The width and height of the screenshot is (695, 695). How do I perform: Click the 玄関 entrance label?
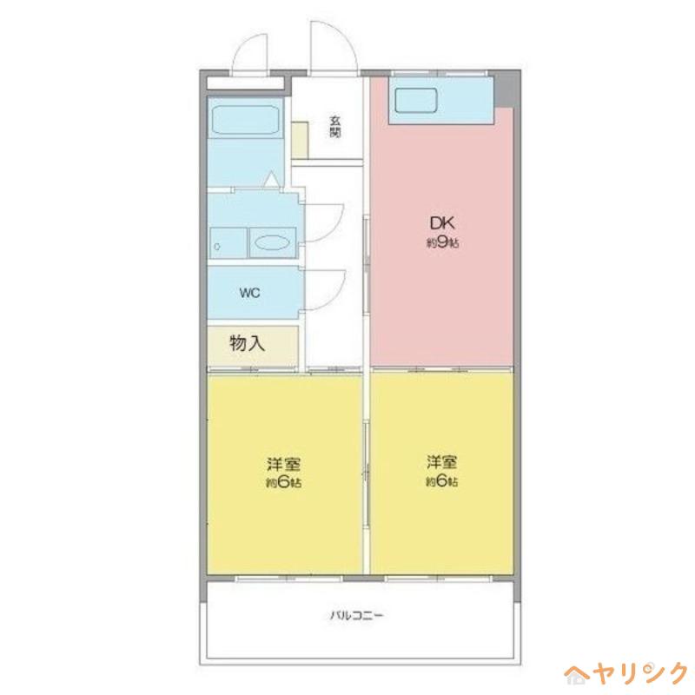pos(335,126)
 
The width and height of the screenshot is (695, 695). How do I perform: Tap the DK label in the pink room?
pos(442,223)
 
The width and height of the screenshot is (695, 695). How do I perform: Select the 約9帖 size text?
pos(442,243)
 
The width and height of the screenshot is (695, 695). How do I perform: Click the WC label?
pos(249,293)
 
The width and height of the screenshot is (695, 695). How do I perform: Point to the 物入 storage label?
pos(248,342)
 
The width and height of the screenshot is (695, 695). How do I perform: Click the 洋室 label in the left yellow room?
pos(284,464)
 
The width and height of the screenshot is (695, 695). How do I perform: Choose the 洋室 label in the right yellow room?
pos(442,462)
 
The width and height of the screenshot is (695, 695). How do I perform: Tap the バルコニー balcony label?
pos(356,615)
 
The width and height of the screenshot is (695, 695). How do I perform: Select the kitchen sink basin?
pos(416,100)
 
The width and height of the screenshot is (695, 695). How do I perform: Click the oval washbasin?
pos(272,242)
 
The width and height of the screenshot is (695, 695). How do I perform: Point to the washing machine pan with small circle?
pos(228,243)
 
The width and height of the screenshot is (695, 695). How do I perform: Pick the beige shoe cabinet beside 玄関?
pos(300,140)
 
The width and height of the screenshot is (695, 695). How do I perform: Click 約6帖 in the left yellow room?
pos(284,483)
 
